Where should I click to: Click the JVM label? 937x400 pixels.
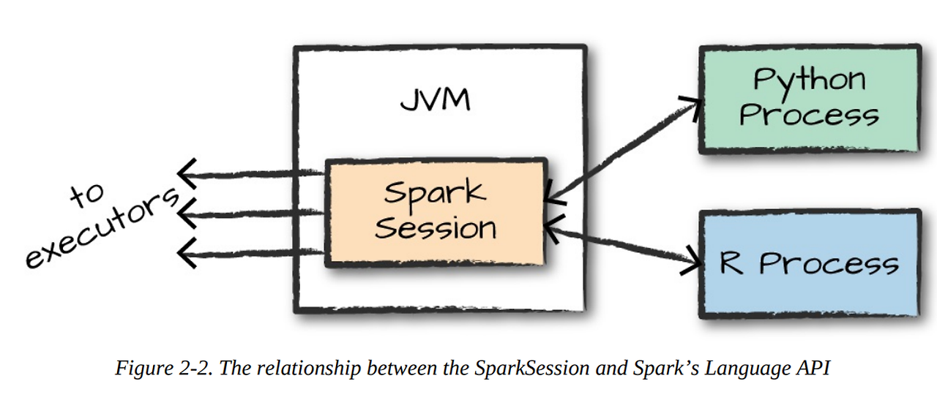click(x=435, y=99)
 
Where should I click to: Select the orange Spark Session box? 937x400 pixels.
click(x=435, y=212)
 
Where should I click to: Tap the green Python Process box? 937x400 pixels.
click(x=809, y=99)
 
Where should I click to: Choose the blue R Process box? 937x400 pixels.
click(x=809, y=263)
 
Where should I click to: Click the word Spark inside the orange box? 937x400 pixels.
click(x=434, y=193)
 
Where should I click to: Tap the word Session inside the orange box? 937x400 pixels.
click(x=435, y=228)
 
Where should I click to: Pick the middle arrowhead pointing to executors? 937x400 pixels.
click(x=187, y=214)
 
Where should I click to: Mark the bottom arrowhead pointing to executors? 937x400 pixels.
click(x=187, y=253)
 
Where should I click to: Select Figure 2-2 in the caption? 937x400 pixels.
click(x=162, y=368)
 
